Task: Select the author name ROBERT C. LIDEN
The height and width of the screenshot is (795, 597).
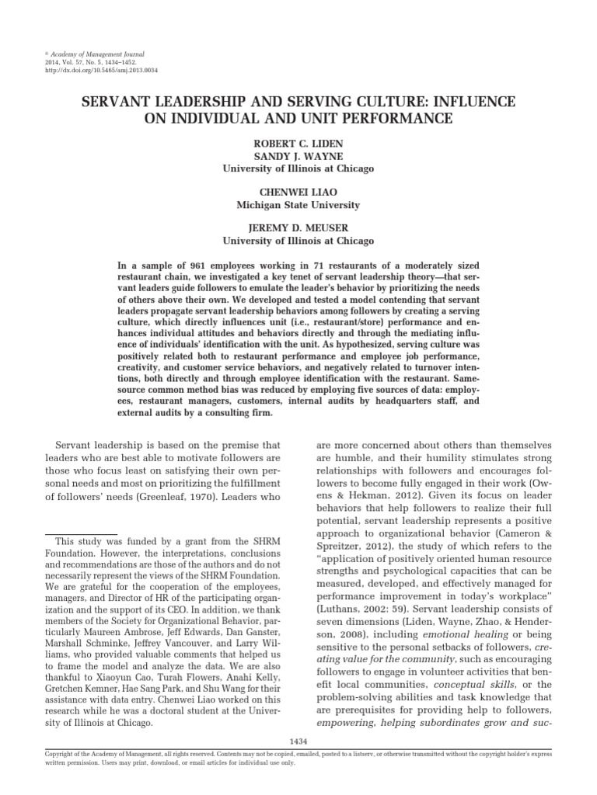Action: point(298,144)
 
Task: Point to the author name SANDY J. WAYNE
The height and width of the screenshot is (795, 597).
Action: point(298,156)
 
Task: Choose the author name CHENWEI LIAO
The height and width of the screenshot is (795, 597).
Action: point(298,193)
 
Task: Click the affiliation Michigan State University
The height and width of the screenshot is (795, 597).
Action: point(298,205)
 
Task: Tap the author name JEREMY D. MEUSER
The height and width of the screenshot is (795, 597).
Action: point(298,229)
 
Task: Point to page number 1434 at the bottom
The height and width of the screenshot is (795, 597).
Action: point(298,740)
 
